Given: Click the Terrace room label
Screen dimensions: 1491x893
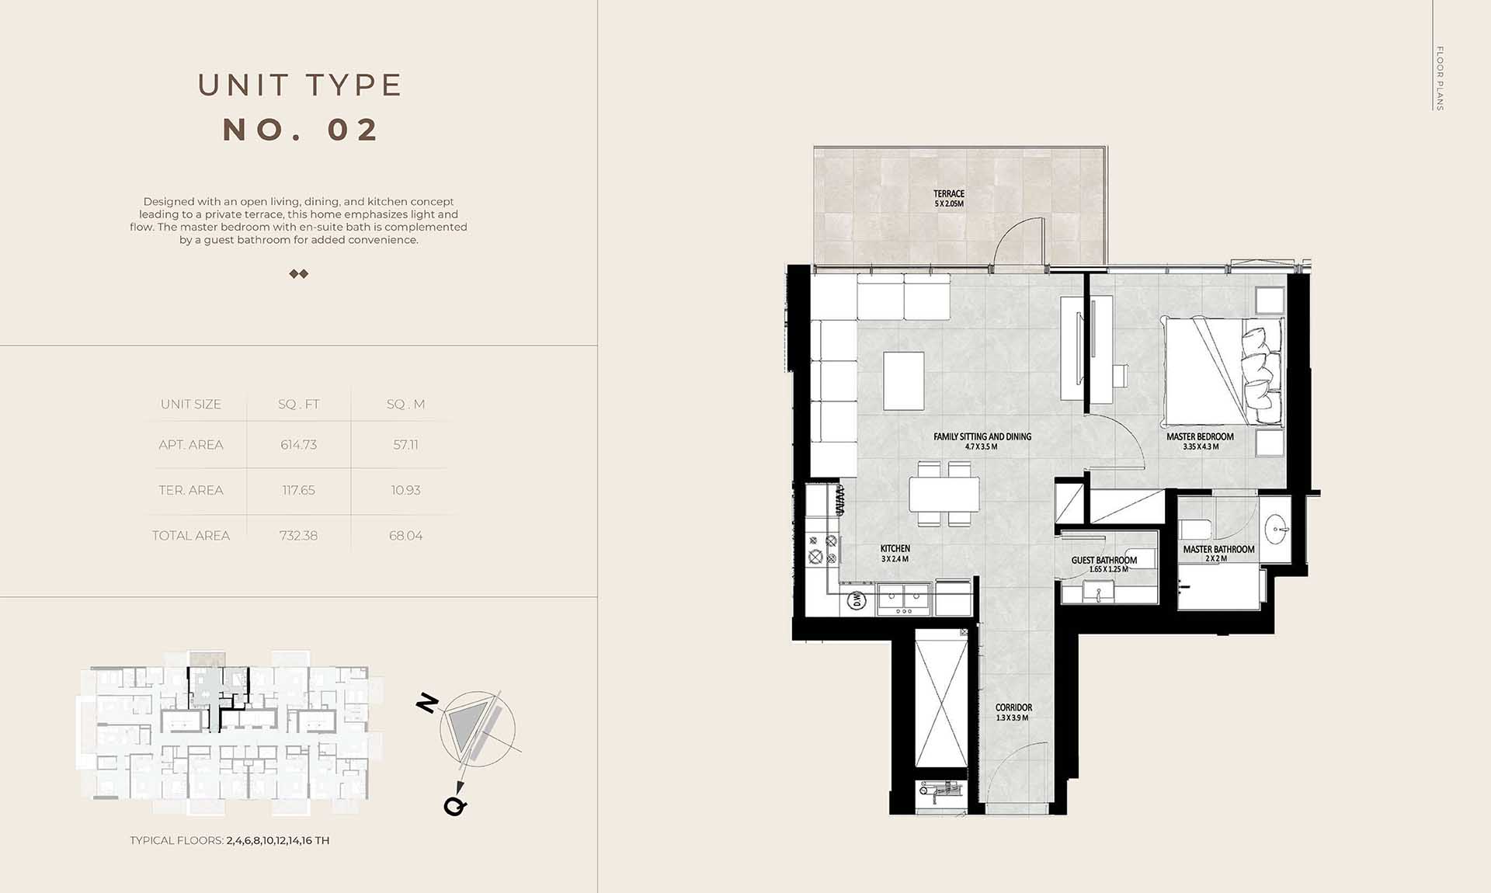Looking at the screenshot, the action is coord(949,193).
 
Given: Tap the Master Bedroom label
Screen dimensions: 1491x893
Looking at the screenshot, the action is coord(1200,436).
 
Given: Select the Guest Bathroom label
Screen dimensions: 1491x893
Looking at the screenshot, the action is coord(1103,560).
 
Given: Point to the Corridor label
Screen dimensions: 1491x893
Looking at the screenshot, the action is coord(1013,707).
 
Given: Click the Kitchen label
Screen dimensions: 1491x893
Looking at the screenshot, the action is coord(895,548).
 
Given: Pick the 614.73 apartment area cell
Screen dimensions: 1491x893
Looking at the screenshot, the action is coord(298,445).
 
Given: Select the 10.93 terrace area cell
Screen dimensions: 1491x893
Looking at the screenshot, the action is coord(405,491).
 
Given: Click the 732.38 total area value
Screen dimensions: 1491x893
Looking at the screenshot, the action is coord(298,536).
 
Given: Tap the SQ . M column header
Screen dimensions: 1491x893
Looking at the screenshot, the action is coord(405,405).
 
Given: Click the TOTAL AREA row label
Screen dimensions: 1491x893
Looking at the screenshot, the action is coord(191,536).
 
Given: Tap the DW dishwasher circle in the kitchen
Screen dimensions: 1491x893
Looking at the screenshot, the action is coord(857,599).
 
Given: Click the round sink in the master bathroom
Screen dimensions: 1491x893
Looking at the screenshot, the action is coord(1277,530).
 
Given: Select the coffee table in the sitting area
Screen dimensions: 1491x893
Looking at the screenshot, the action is coord(904,381).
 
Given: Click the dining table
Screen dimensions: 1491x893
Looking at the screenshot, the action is coord(944,494).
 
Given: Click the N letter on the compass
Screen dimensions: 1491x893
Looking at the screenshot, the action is coord(428,704).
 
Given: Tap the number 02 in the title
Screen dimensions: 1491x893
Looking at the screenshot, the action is coord(353,130).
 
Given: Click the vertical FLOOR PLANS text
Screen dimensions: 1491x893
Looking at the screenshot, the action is coord(1439,78).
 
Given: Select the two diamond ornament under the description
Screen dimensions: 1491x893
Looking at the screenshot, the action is coord(299,274).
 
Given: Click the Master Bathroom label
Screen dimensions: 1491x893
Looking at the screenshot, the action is coord(1218,549).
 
